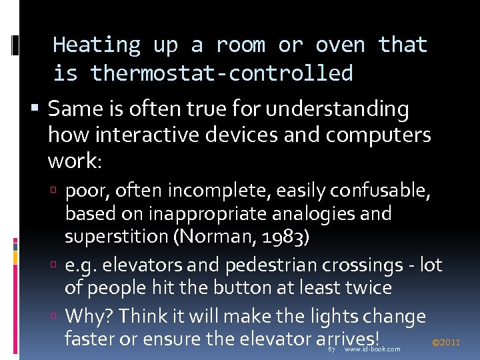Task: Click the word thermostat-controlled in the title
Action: coord(221,73)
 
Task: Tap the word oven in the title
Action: coord(340,45)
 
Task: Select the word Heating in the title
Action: coord(97,45)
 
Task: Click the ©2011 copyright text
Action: coord(446,343)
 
